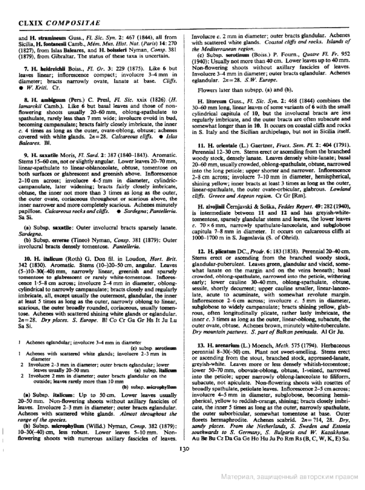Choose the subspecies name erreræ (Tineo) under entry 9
[x=59, y=240]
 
